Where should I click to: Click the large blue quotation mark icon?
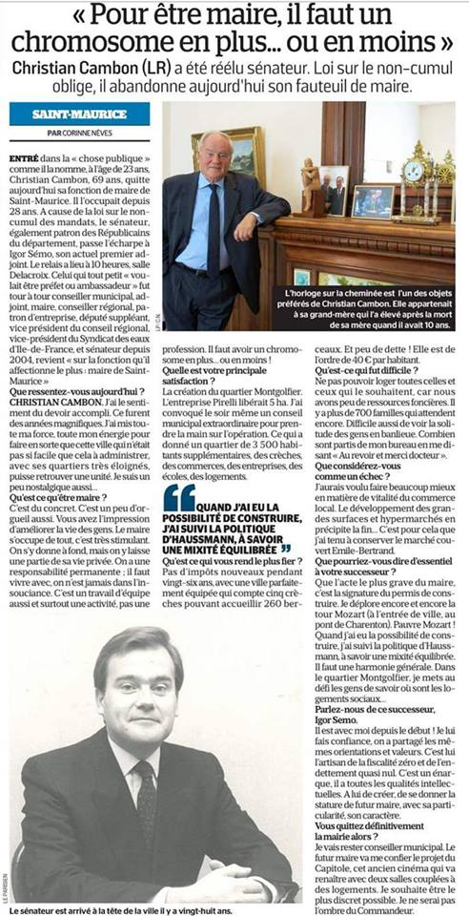coord(178,497)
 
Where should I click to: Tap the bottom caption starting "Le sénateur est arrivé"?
coord(119,909)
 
